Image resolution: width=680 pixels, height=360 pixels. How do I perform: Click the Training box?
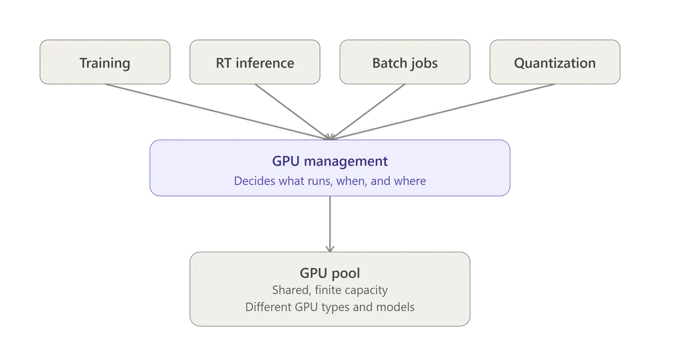click(105, 62)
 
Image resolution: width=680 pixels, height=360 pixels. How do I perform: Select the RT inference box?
click(255, 62)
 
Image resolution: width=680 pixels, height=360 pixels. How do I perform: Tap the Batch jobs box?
click(405, 62)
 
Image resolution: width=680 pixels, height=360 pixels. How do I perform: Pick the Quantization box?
click(555, 62)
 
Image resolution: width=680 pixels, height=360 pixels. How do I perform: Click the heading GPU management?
click(330, 162)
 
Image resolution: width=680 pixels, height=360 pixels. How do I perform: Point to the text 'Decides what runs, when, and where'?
click(330, 181)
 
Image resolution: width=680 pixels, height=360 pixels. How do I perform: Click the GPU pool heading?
click(330, 273)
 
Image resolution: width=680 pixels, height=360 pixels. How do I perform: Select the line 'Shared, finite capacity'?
click(330, 290)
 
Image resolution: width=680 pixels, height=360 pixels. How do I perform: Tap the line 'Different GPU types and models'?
click(330, 307)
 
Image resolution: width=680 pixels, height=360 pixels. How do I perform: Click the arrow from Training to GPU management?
click(218, 112)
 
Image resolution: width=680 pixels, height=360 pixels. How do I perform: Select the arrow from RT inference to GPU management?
click(292, 112)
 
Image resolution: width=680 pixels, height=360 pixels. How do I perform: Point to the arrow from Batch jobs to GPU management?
click(367, 112)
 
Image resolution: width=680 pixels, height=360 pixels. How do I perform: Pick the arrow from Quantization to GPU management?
click(443, 112)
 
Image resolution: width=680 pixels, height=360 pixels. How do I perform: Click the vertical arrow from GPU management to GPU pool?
click(330, 224)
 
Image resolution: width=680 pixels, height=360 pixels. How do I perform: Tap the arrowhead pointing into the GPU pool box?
click(330, 249)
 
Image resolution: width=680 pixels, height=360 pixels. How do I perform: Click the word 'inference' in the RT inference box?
click(265, 63)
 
